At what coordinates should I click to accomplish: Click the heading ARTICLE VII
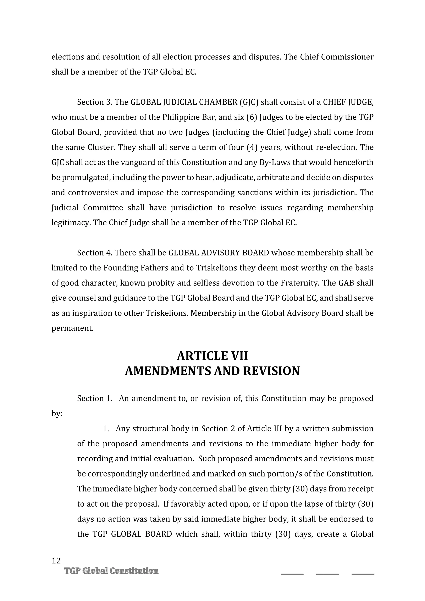coord(212,356)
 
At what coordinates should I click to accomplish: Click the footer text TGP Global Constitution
coord(111,571)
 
